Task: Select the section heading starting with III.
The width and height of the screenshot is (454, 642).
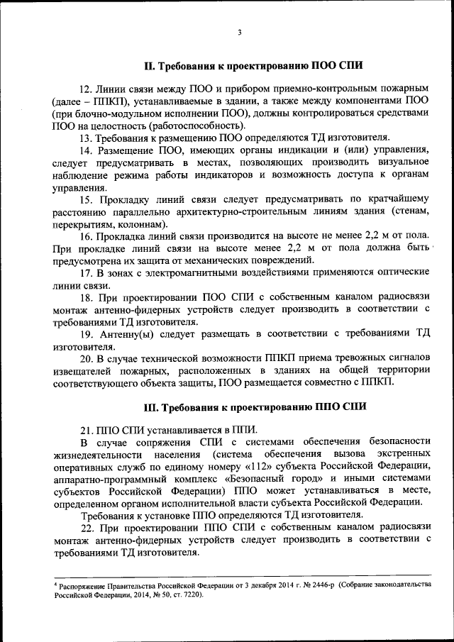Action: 255,407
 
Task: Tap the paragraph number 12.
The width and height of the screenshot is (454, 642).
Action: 86,89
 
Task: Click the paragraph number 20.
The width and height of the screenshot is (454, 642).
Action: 87,358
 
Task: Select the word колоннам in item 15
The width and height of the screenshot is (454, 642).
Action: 139,224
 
